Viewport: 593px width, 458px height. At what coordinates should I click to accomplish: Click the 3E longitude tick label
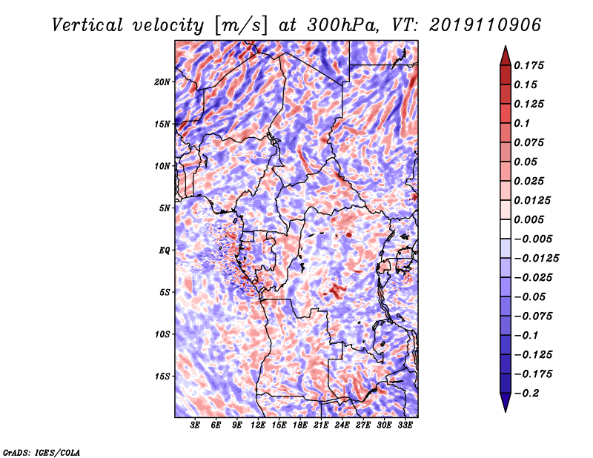coord(196,426)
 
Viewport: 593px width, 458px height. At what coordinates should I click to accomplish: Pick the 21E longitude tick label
coord(321,426)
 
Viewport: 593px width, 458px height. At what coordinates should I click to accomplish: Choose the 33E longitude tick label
coord(405,426)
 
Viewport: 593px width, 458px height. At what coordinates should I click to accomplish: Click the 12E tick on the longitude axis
coord(258,426)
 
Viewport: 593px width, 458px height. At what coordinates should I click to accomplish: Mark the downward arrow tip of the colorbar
coord(504,411)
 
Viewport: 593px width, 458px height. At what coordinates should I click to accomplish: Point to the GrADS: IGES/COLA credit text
coord(42,451)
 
